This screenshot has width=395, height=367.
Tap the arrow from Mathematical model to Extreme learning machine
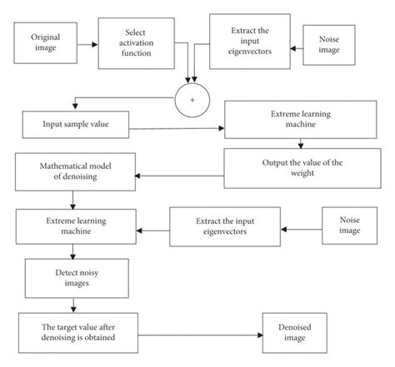(x=74, y=199)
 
